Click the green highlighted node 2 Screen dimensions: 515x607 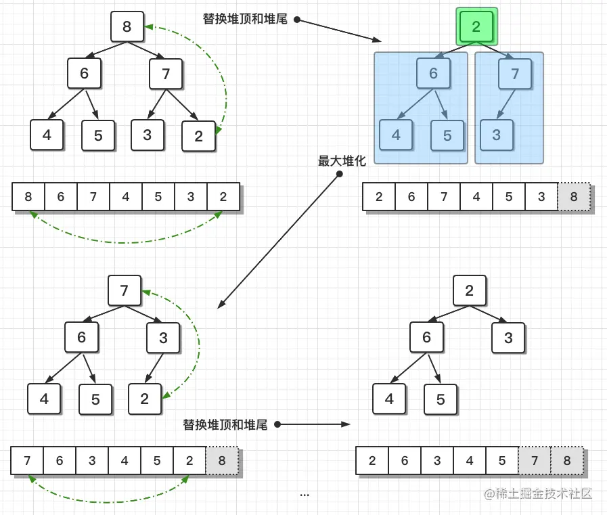pos(476,27)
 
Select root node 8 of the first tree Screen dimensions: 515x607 pos(127,27)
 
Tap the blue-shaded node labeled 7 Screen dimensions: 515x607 pos(515,74)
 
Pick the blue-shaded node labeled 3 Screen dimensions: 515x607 pos(497,135)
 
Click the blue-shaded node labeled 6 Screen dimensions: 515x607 pos(433,74)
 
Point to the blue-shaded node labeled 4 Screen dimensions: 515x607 pos(396,135)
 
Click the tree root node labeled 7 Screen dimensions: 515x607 pos(125,291)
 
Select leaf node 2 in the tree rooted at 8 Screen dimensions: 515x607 pos(198,136)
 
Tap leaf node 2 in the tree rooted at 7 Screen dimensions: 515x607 pos(145,399)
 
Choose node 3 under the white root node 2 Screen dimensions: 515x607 pos(508,338)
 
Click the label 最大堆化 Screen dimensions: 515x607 pos(342,161)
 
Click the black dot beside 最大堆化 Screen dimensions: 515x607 pos(340,174)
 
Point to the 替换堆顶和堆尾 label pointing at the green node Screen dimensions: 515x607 pos(245,19)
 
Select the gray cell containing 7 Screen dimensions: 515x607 pos(535,461)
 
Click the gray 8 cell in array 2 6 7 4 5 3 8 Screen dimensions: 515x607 pos(574,197)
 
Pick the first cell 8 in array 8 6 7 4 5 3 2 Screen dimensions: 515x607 pos(28,197)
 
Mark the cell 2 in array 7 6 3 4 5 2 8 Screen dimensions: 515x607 pos(189,461)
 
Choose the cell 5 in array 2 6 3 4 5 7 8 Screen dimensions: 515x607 pos(502,461)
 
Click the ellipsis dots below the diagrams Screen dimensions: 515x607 pos(305,495)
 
